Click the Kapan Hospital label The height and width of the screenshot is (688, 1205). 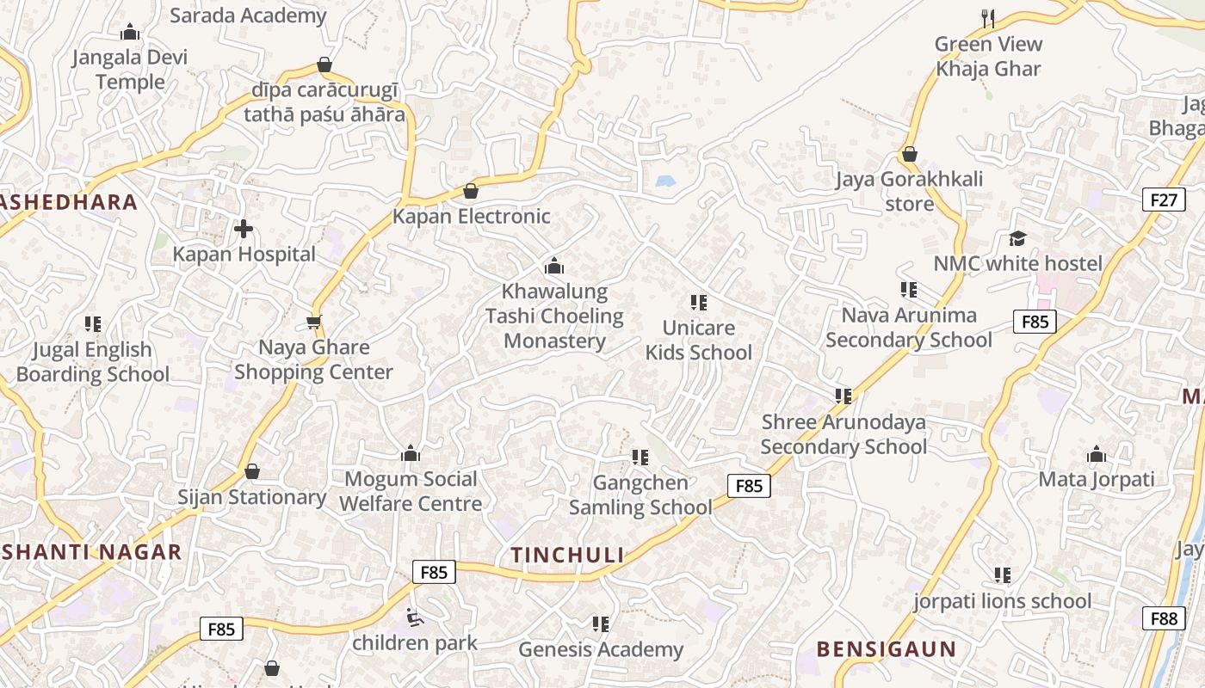click(244, 254)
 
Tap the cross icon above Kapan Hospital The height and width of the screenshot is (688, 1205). click(244, 229)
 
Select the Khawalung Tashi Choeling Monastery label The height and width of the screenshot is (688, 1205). click(554, 316)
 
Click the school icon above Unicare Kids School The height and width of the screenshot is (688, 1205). click(699, 303)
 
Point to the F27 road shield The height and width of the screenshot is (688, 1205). click(1163, 200)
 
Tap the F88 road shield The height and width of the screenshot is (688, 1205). click(1163, 617)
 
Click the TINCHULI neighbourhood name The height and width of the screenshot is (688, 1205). click(567, 555)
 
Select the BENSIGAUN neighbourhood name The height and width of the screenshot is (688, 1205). click(886, 649)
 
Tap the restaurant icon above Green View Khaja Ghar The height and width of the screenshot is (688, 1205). click(988, 18)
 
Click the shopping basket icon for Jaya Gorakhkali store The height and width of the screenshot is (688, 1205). click(909, 155)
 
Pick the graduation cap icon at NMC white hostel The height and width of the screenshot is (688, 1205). click(1018, 238)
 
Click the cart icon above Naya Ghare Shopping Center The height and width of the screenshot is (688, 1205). click(314, 322)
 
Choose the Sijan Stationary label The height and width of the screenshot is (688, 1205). click(251, 497)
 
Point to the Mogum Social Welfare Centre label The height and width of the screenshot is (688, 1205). click(411, 491)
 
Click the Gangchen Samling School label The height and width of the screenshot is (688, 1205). click(640, 495)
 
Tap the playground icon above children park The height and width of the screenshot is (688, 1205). click(415, 617)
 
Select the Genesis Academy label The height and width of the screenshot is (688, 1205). click(601, 649)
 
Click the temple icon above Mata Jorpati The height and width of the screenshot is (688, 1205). click(1097, 454)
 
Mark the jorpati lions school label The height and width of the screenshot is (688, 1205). click(1002, 600)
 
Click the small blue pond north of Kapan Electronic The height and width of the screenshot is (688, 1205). click(664, 181)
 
